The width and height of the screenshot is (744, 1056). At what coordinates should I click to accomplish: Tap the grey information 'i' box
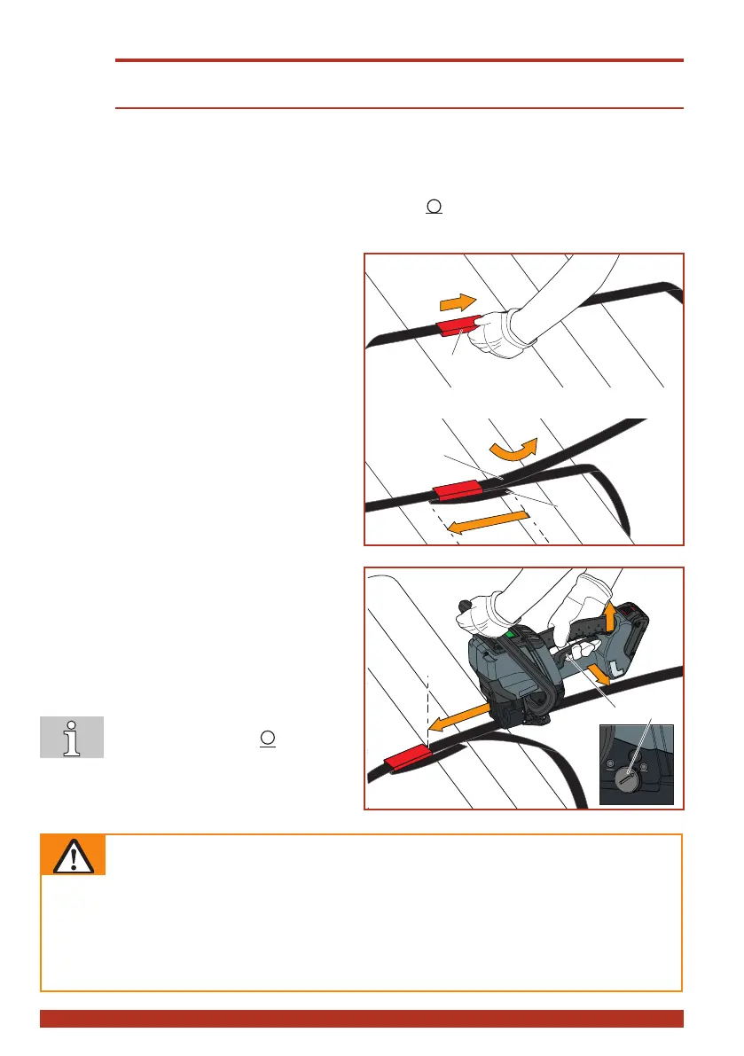[x=72, y=737]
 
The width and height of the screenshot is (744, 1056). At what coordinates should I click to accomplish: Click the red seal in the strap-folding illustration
[x=458, y=490]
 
